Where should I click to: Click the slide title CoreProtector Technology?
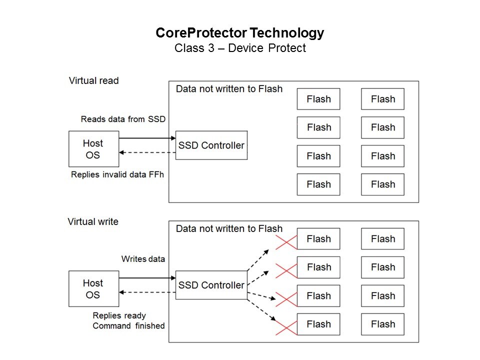(x=239, y=33)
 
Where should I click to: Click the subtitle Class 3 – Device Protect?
(x=239, y=48)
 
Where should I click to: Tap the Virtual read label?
(x=93, y=80)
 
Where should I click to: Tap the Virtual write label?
(x=93, y=221)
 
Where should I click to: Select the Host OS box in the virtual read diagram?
(x=93, y=149)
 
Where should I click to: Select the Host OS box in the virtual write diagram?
(x=93, y=289)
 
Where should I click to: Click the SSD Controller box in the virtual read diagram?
(x=211, y=145)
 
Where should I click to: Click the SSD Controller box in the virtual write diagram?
(x=211, y=285)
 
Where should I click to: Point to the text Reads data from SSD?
(x=123, y=119)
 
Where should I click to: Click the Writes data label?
(x=143, y=259)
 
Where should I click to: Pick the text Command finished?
(x=128, y=326)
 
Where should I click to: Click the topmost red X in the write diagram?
(x=286, y=242)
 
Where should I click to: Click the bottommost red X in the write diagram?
(x=286, y=327)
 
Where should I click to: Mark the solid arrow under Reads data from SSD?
(x=147, y=138)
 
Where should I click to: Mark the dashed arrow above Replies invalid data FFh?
(x=147, y=152)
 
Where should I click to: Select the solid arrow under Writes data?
(x=147, y=278)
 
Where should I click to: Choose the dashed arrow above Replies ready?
(x=147, y=292)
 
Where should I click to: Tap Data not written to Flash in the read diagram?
(x=229, y=89)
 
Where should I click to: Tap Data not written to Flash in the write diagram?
(x=229, y=229)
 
